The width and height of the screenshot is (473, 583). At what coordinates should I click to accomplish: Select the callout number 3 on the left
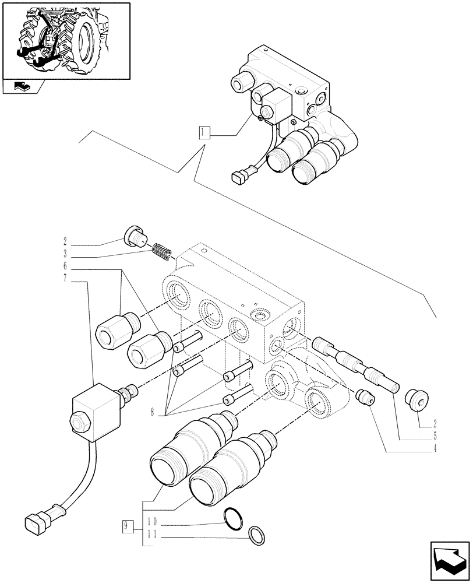(66, 254)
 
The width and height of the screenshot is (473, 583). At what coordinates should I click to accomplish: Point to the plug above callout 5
(416, 401)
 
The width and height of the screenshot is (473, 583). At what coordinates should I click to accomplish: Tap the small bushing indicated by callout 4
(366, 397)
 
